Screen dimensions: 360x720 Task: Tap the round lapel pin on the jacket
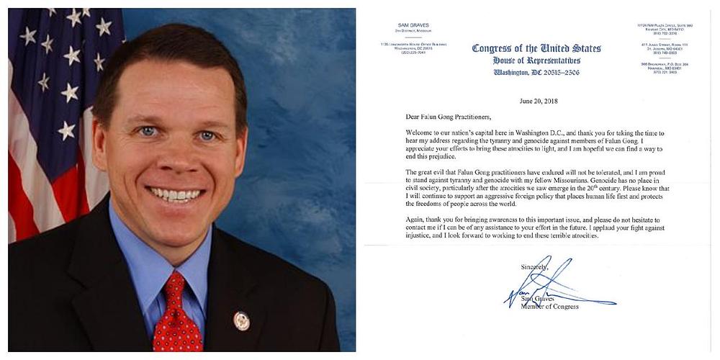pyautogui.click(x=242, y=321)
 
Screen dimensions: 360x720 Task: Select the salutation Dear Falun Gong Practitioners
pyautogui.click(x=451, y=117)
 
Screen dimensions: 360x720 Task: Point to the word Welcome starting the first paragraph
pyautogui.click(x=423, y=132)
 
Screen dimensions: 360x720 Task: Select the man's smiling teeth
pyautogui.click(x=175, y=194)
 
